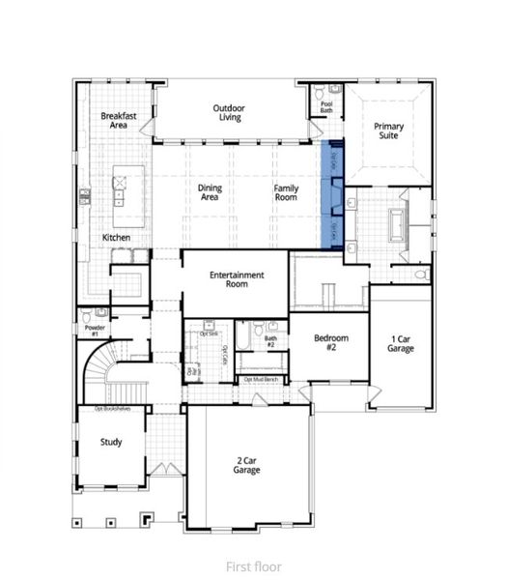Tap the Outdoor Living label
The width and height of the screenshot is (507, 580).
coord(228,113)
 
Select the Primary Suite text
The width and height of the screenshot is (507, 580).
coord(389,131)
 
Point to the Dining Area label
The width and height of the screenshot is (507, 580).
coord(211,192)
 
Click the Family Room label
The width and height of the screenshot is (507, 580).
coord(286,192)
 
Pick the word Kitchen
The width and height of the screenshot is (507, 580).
coord(117,238)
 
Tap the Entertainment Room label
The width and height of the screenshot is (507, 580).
coord(237,280)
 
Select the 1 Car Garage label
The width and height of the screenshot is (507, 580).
coord(401,343)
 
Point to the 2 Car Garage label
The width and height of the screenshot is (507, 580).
coord(247,464)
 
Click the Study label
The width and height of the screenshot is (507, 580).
coord(111,442)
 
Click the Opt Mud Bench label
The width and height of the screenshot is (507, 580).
coord(262,380)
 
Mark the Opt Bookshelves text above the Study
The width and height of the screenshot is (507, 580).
coord(112,409)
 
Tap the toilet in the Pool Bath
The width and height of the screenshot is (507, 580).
coord(319,94)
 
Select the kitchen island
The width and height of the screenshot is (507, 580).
coord(121,188)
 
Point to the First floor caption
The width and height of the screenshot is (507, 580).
coord(253,566)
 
